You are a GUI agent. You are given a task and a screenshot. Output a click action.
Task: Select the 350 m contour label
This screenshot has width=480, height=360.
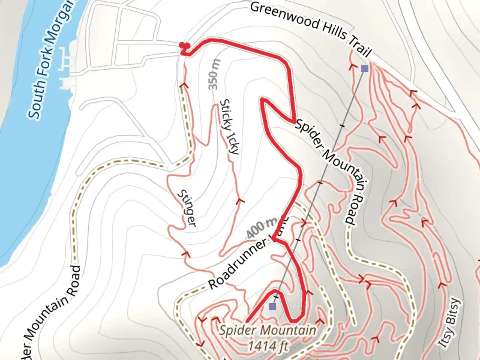tap(215, 74)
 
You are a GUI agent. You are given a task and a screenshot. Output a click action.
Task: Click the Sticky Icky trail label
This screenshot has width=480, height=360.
tap(230, 127)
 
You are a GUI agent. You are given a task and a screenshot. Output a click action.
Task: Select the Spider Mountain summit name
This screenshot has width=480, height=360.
tap(268, 330)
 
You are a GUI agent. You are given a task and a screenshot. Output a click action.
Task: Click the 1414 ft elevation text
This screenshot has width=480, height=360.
tap(268, 346)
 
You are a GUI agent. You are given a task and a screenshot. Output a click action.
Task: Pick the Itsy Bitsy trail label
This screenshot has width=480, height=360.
tap(450, 323)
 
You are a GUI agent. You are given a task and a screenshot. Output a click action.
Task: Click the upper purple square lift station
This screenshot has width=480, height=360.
tap(365, 68)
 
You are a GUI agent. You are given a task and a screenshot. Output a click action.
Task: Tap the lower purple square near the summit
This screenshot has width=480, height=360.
tap(273, 306)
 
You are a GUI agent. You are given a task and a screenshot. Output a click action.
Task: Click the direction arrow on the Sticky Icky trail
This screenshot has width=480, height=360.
tap(239, 201)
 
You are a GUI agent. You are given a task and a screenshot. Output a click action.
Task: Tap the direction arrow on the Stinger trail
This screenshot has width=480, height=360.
tap(186, 254)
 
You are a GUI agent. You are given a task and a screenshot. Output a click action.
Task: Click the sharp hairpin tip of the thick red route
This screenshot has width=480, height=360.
tap(262, 99)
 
